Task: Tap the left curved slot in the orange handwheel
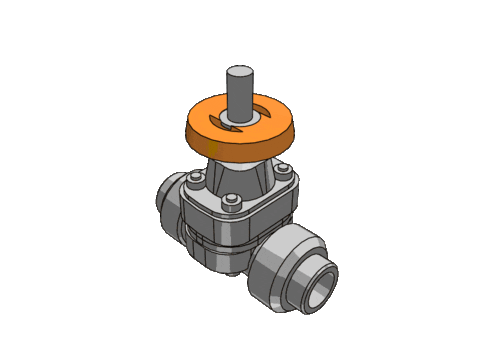click(x=222, y=121)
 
